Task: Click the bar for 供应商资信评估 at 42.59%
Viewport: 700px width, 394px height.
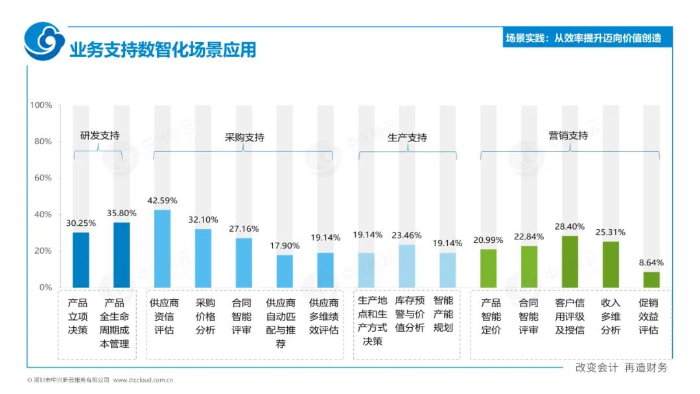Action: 162,249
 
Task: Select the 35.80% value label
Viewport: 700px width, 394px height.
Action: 121,212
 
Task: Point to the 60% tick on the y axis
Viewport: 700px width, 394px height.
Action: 42,178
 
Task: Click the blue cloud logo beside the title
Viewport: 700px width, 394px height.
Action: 44,41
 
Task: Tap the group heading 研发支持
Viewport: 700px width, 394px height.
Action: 99,136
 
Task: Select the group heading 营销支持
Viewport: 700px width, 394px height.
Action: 568,136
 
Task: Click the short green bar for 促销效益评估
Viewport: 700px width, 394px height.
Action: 651,279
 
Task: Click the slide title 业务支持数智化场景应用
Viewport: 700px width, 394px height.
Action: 163,49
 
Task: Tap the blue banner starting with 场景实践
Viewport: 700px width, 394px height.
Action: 583,38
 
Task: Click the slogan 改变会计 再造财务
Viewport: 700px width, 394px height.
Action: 621,367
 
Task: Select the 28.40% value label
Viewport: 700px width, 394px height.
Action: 569,227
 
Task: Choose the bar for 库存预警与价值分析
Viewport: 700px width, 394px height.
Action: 407,265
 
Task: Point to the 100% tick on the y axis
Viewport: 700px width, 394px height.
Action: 40,105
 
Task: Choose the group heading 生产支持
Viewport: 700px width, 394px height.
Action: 407,138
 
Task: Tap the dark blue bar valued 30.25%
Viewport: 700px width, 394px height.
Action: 81,260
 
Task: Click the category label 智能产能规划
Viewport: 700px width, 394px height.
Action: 443,314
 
